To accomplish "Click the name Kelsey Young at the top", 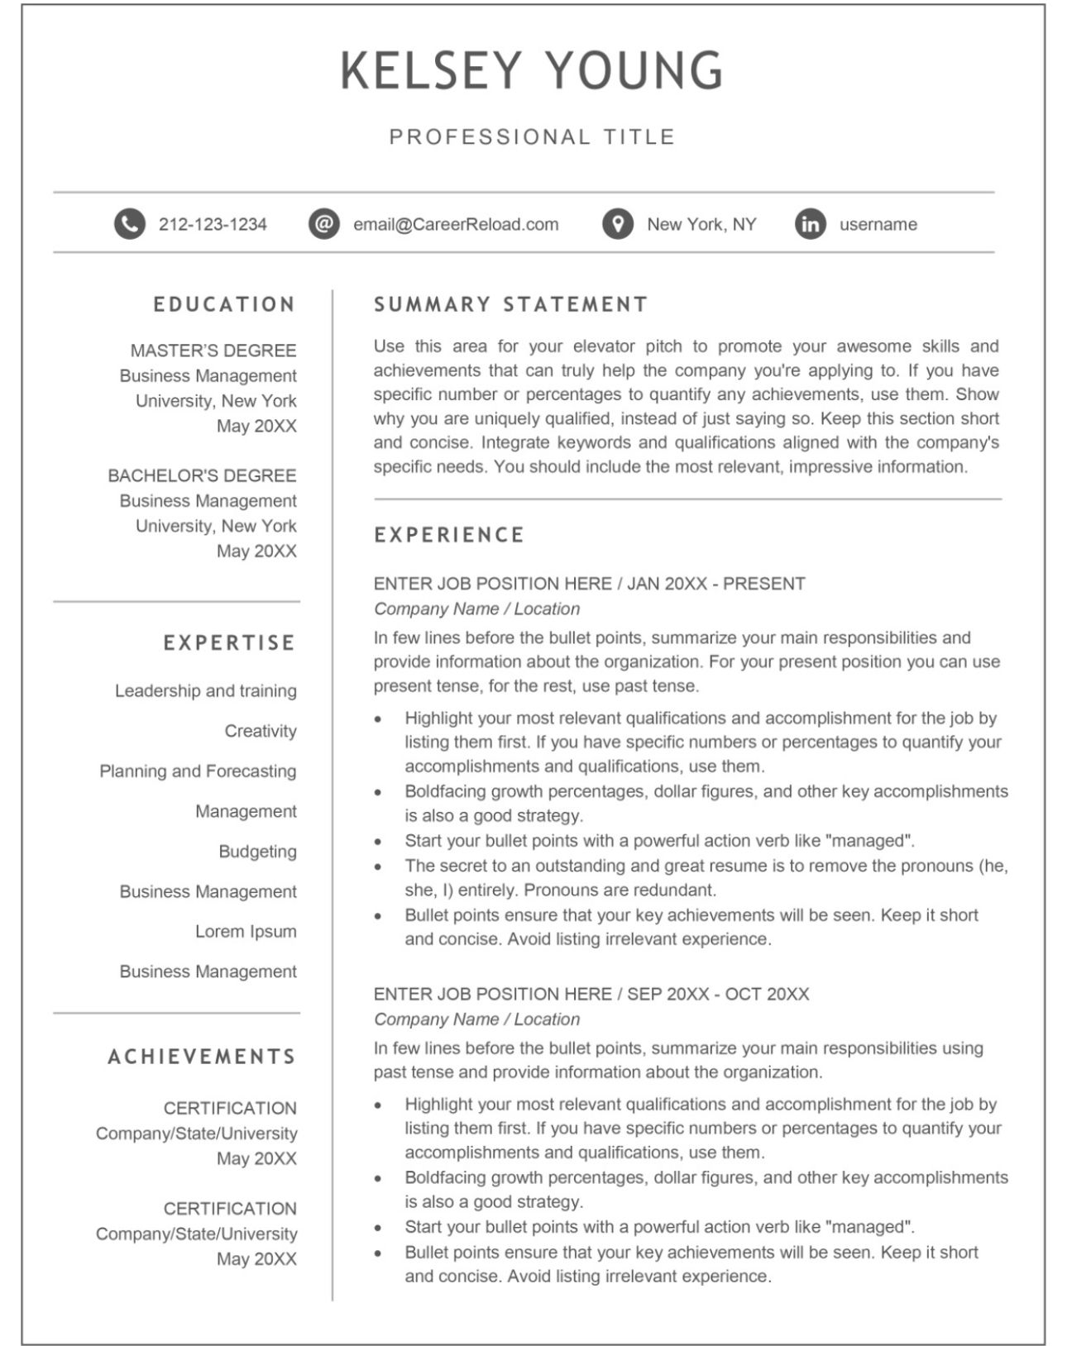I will (x=532, y=70).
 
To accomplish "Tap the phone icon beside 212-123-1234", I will (x=129, y=224).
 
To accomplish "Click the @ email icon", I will (x=324, y=224).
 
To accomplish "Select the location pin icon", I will (x=617, y=224).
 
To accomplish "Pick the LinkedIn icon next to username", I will (x=811, y=224).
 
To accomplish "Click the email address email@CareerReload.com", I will (x=456, y=224).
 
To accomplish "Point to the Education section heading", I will (x=224, y=304).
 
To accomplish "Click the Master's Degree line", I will (x=213, y=351).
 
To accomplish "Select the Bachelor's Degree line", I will (x=202, y=475).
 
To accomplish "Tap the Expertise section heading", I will (x=229, y=642).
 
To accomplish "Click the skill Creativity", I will (x=260, y=731).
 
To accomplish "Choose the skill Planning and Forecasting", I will (x=198, y=771).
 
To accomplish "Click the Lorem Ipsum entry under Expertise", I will (x=246, y=932).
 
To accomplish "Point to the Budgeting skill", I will (x=257, y=852).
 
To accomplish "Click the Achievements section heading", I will (x=202, y=1057).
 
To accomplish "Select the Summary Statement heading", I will (x=510, y=304).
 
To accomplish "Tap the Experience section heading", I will (x=449, y=535).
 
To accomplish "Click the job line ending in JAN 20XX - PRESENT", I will (x=589, y=584).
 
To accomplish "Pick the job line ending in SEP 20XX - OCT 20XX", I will (x=591, y=994).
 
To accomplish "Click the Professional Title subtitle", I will (x=532, y=136).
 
